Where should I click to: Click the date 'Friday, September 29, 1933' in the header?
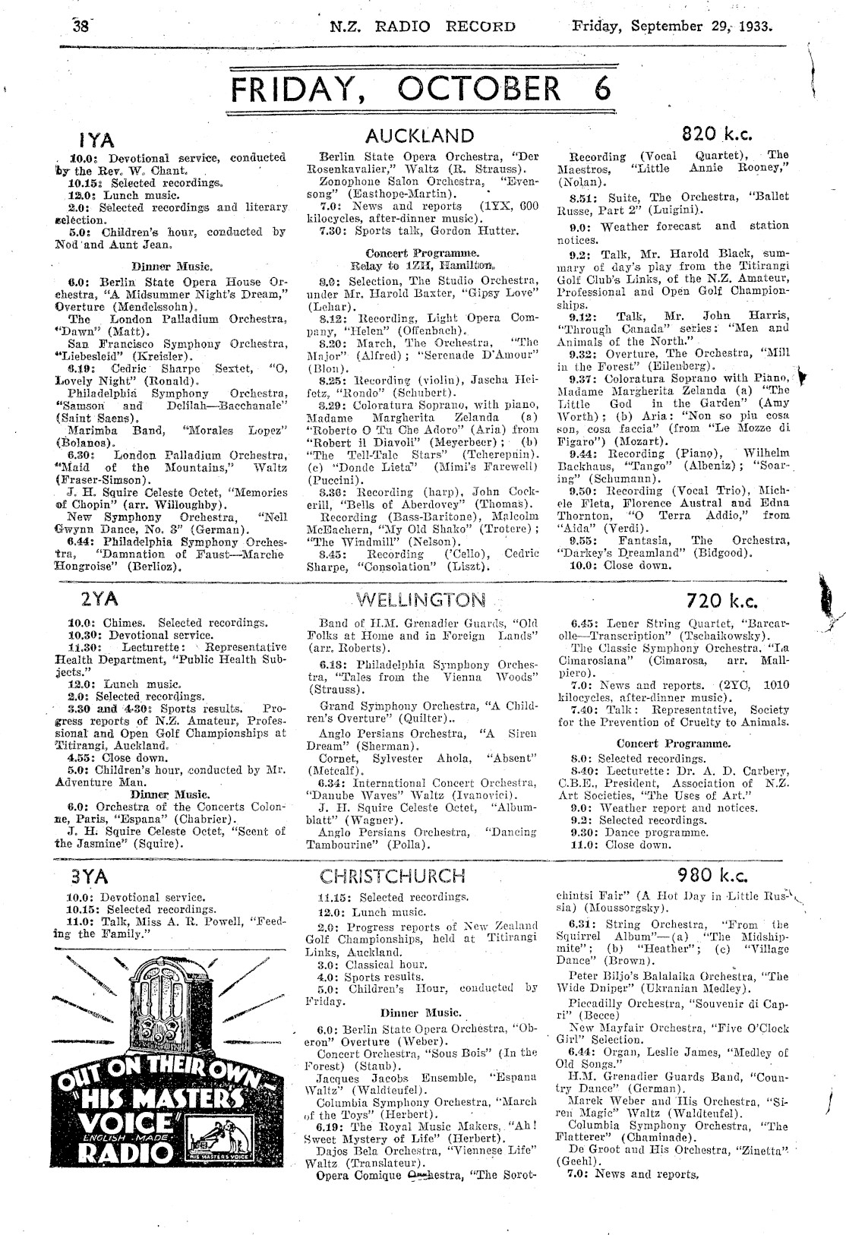(x=672, y=26)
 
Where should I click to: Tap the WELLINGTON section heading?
(x=420, y=599)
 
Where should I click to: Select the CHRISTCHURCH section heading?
(x=394, y=876)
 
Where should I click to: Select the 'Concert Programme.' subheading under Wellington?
(x=673, y=744)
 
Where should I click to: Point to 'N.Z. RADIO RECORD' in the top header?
(x=422, y=27)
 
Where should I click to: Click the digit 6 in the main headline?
(x=602, y=89)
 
